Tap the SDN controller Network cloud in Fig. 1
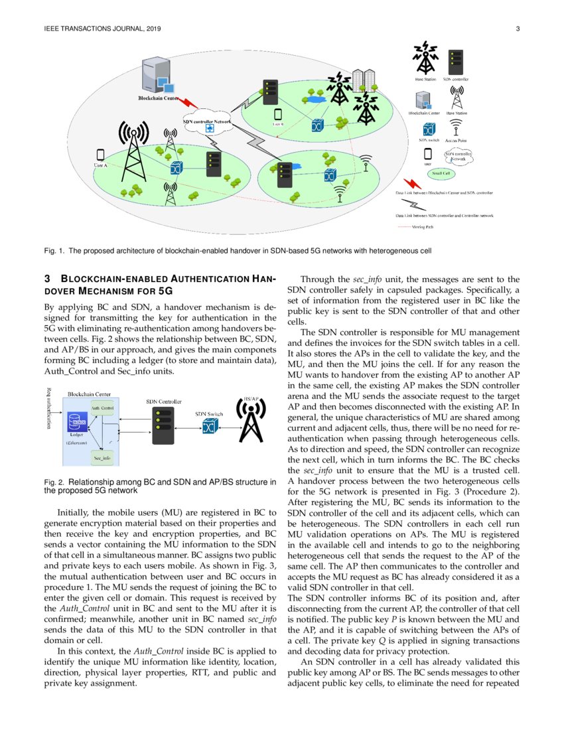(x=208, y=125)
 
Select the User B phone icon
(x=278, y=114)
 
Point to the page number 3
(x=517, y=29)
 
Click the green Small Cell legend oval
(x=441, y=174)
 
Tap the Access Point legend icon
(x=457, y=130)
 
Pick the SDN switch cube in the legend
(x=429, y=127)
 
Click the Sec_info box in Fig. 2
(x=102, y=458)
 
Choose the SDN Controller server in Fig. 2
(x=159, y=422)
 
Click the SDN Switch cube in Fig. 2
(x=210, y=427)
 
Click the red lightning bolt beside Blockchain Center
(x=189, y=104)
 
